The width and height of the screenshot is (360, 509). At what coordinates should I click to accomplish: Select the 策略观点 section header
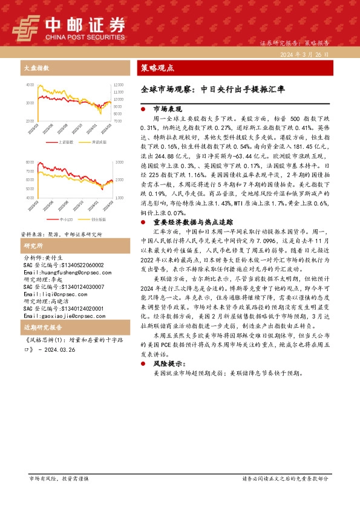[157, 68]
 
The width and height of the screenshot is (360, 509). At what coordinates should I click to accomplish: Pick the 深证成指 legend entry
[99, 142]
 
